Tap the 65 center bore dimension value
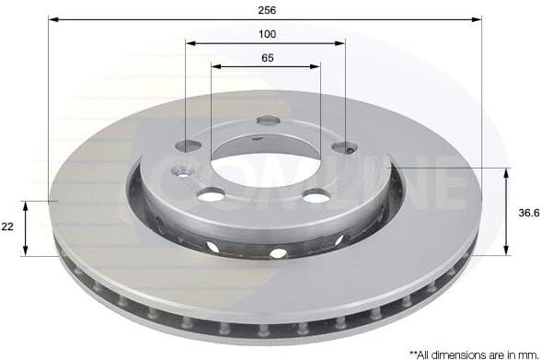267,57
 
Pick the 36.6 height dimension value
527,212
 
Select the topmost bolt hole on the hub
268,120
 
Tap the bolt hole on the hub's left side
189,145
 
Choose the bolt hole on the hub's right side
343,146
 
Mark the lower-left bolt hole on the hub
211,194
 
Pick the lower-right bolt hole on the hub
316,195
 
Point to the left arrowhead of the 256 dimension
52,18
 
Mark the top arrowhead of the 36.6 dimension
507,172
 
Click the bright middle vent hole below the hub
277,252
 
